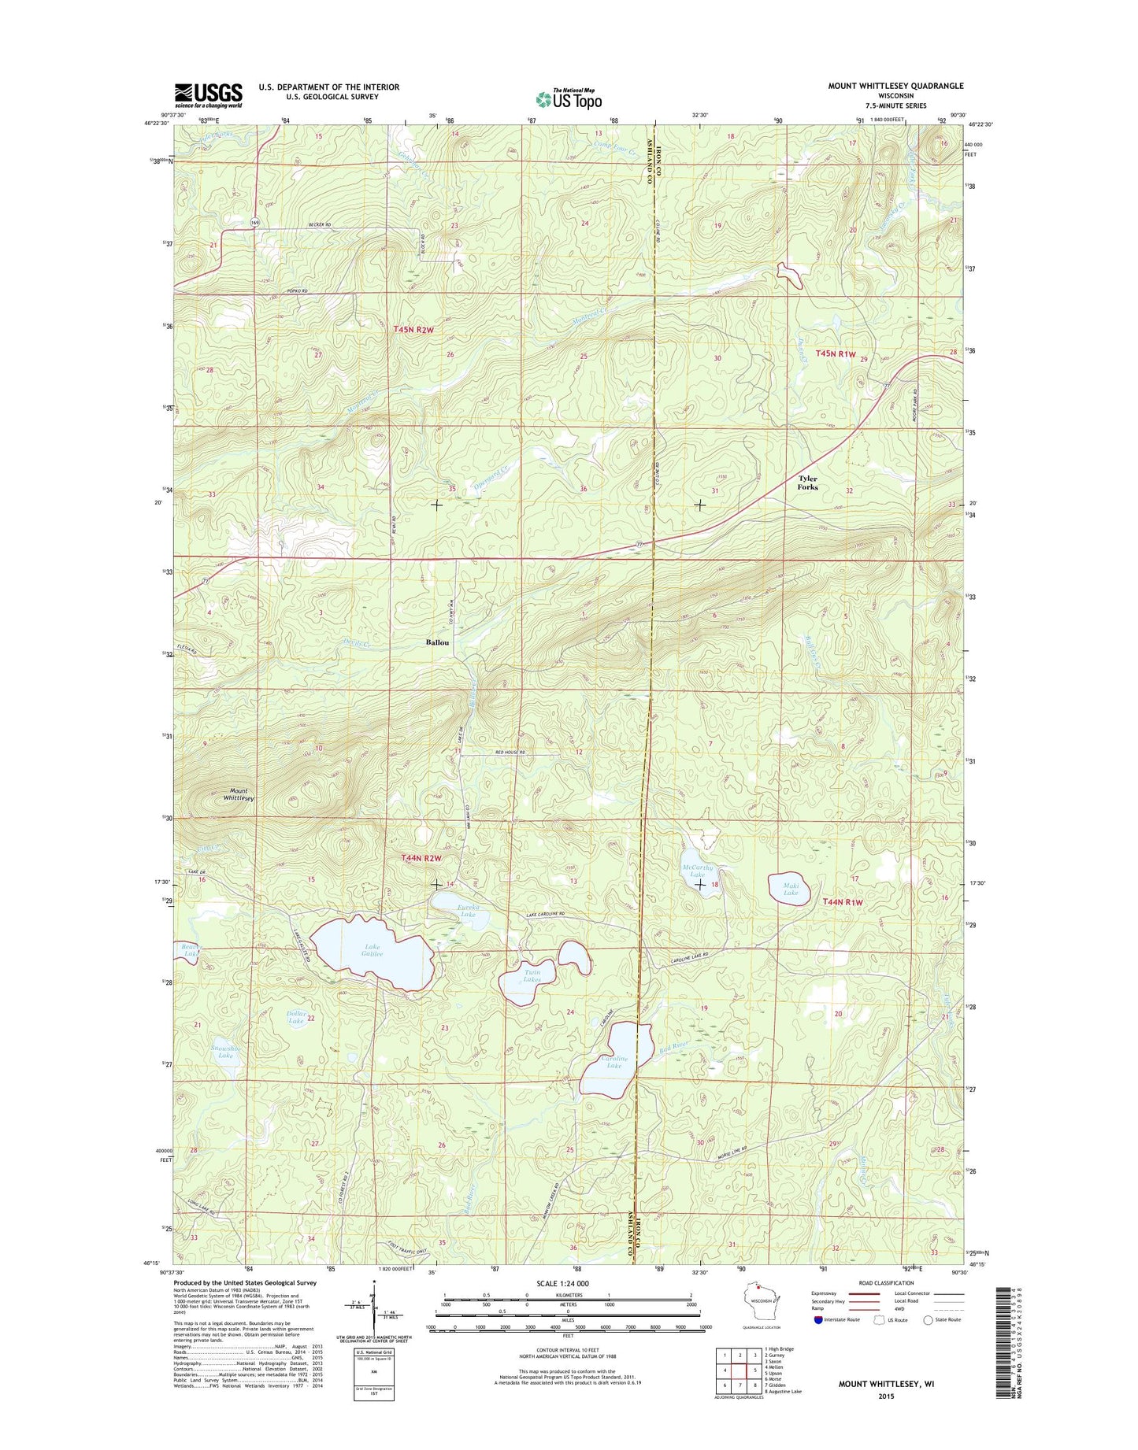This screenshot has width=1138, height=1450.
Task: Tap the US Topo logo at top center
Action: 569,98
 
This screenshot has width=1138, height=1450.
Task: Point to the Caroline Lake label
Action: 614,1062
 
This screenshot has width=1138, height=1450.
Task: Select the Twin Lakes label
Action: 533,976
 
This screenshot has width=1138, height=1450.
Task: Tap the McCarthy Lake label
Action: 697,871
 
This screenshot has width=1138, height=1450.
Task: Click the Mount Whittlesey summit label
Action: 238,794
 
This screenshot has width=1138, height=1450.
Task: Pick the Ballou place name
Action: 437,642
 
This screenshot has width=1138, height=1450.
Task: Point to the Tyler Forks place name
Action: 807,483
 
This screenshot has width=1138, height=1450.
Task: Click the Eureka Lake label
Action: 467,911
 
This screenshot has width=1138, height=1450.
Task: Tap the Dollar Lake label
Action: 295,1017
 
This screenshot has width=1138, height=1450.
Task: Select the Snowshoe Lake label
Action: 226,1051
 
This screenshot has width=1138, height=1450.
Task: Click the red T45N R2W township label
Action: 413,330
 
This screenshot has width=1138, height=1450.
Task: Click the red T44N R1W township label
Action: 843,902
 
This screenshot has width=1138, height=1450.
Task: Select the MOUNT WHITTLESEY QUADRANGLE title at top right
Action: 895,86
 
